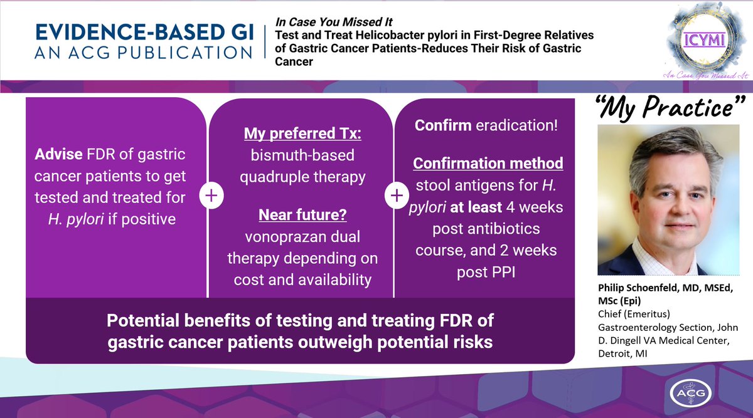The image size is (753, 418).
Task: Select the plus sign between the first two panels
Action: coord(211,196)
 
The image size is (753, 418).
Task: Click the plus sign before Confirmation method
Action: coord(397,196)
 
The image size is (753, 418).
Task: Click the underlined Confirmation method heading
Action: coord(488,164)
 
